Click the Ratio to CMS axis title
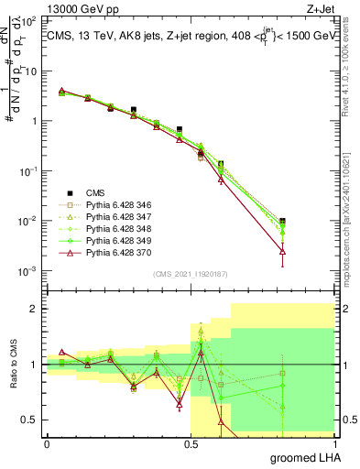(x=13, y=365)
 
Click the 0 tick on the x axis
(x=47, y=443)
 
